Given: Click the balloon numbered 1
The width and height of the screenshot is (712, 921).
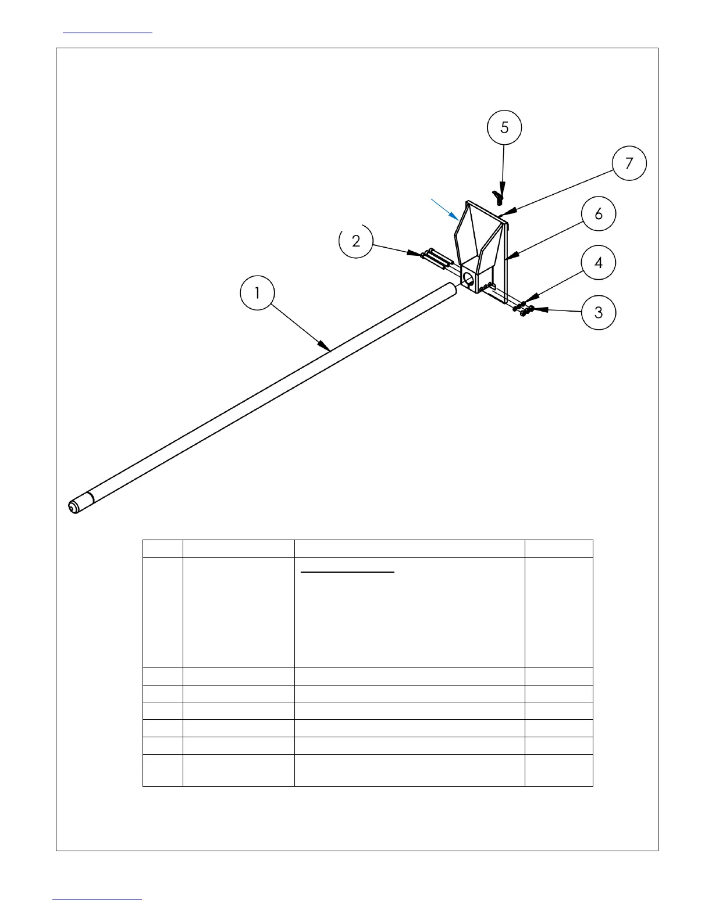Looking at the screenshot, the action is click(258, 294).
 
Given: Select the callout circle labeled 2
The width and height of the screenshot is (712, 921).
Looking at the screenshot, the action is click(356, 241).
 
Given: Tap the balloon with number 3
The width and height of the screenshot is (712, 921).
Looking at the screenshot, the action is click(599, 313).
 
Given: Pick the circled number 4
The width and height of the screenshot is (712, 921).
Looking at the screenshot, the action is click(599, 263).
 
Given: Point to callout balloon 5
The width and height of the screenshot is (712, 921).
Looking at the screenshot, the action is click(504, 127).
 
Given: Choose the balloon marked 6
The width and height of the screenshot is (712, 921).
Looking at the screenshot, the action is click(599, 214).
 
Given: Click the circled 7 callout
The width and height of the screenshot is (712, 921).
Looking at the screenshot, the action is click(629, 163).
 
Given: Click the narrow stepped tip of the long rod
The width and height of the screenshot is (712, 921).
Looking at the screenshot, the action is click(74, 507).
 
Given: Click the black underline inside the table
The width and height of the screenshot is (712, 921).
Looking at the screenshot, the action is click(348, 572).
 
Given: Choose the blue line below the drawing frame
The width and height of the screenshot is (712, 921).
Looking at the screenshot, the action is click(97, 900).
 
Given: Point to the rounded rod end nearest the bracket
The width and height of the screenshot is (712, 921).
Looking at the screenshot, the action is click(451, 288).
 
